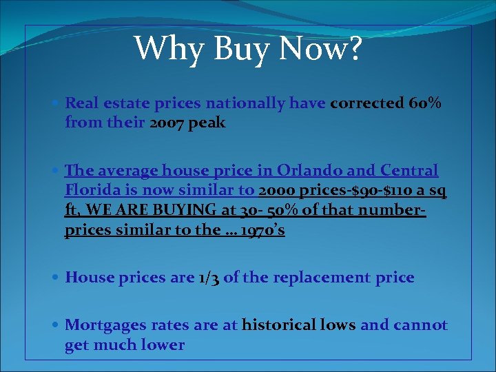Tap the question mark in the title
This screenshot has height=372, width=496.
[352, 48]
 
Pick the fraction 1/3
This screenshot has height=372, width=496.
[207, 278]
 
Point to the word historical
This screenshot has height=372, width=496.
[275, 324]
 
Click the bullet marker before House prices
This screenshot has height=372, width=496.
[56, 278]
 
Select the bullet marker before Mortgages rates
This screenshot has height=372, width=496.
[56, 325]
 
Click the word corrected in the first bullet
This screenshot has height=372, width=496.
[366, 103]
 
